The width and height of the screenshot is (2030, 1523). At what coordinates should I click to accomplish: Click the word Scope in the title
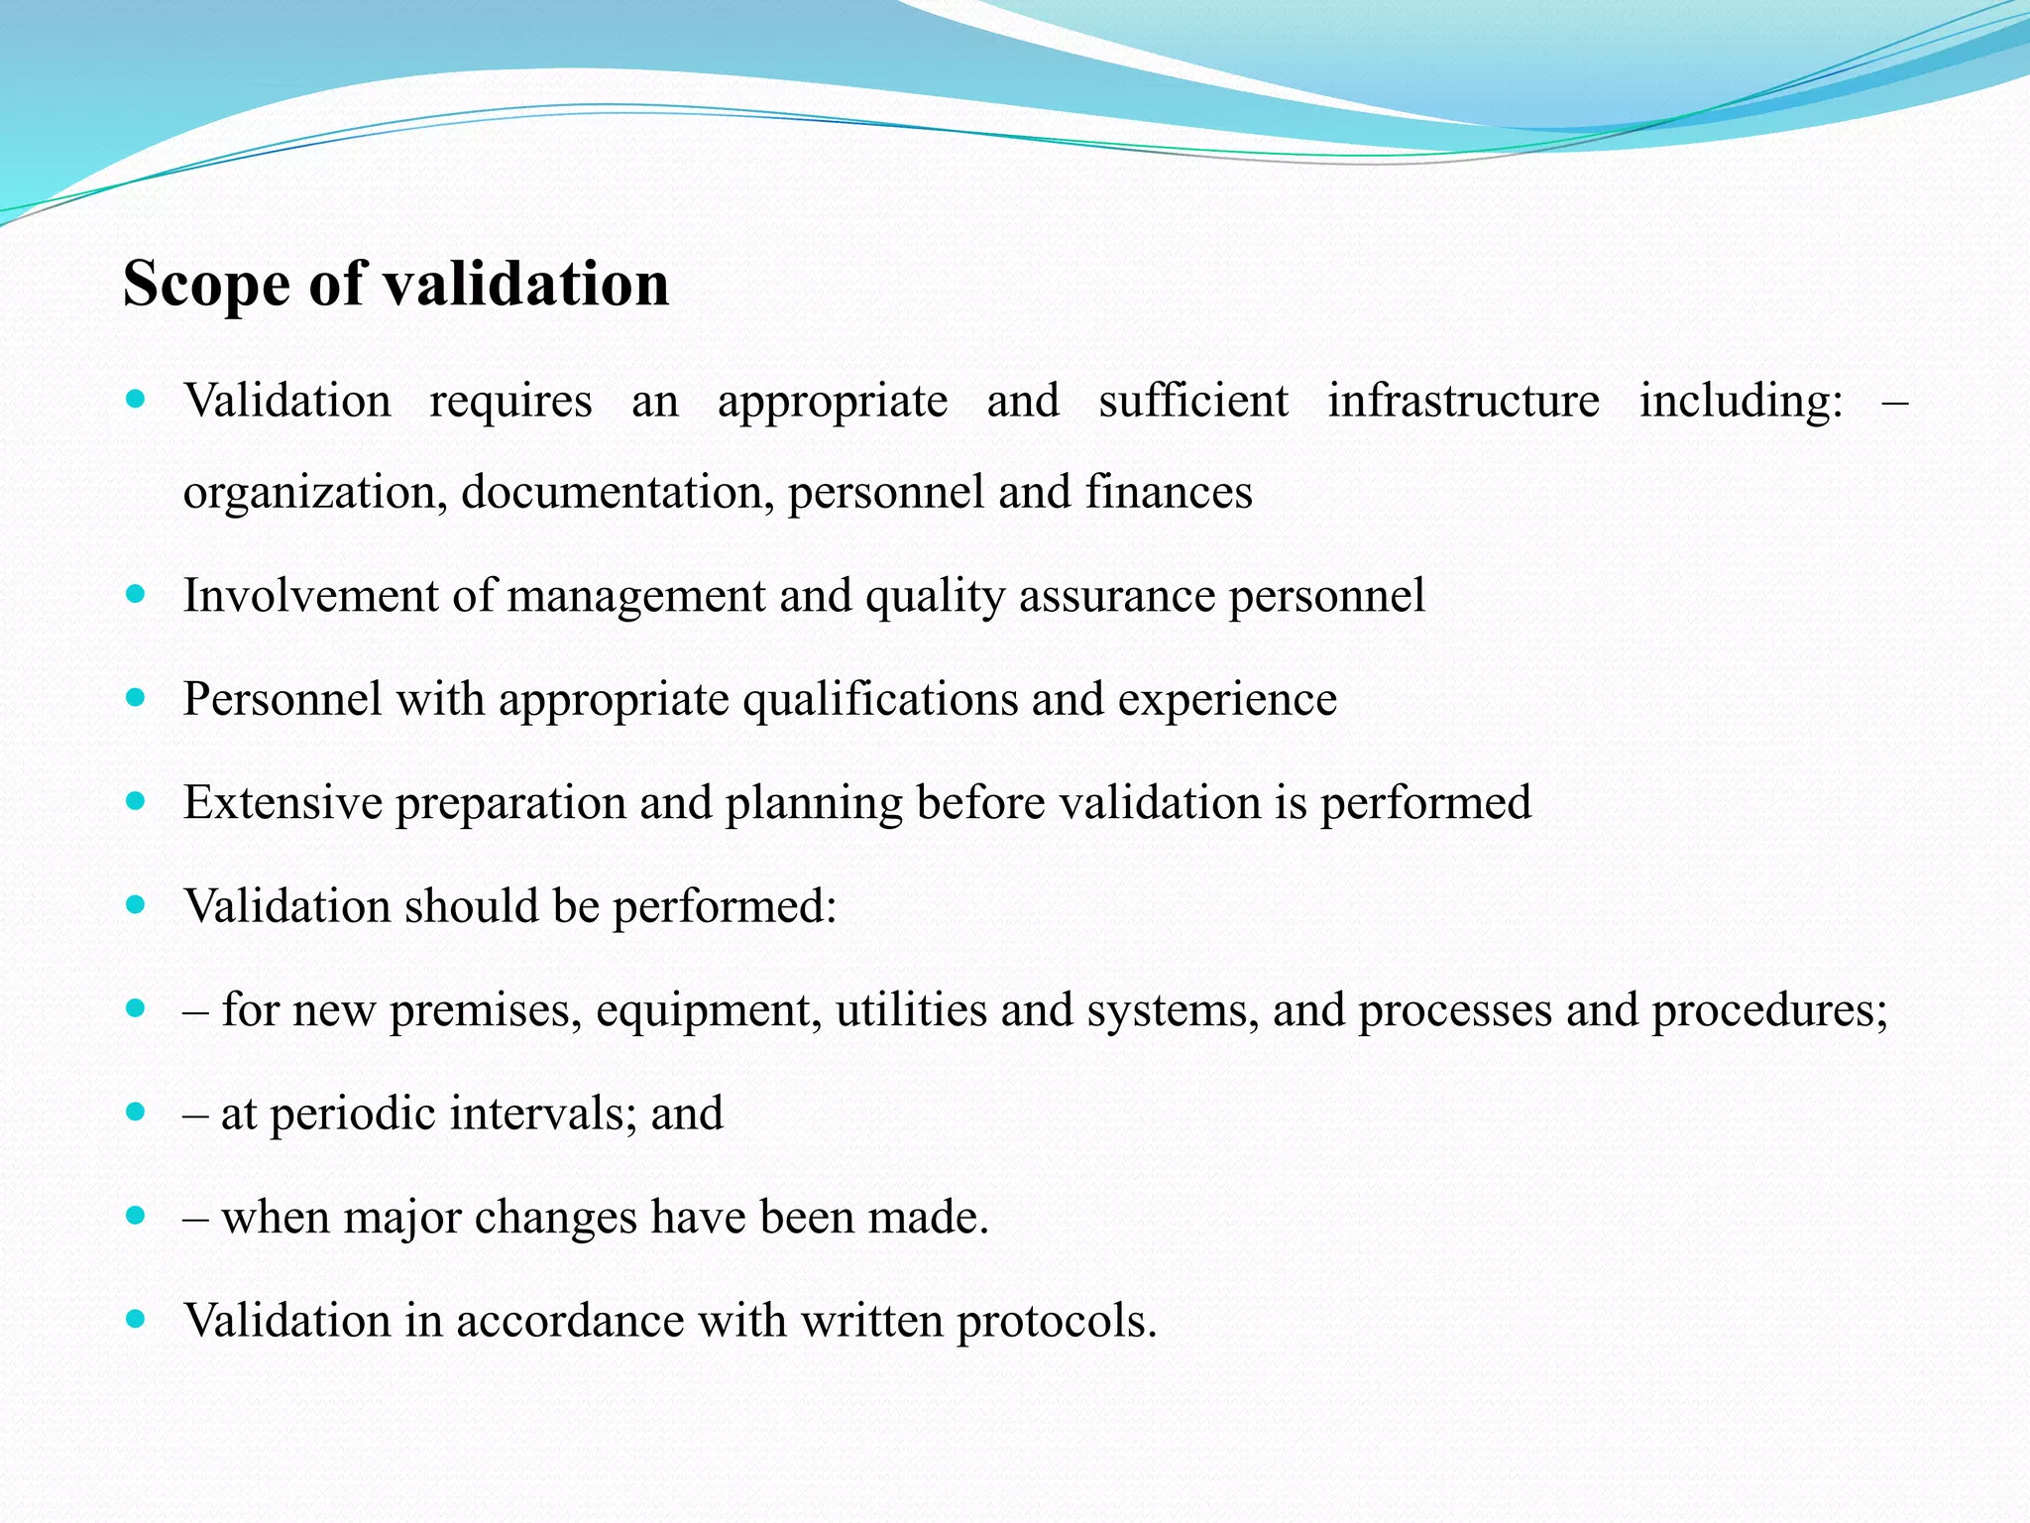pos(206,285)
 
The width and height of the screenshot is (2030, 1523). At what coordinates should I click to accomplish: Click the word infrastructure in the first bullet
pos(1463,402)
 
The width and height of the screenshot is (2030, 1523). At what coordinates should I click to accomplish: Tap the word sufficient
pos(1193,402)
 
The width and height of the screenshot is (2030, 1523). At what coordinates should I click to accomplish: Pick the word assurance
pos(1117,596)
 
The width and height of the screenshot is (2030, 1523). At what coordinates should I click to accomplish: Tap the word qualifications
pos(880,700)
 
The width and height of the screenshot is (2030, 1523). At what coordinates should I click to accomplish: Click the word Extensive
pos(282,803)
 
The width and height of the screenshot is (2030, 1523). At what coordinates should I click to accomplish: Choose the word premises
pos(485,1010)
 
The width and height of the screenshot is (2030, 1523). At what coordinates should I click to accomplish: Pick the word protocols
pos(1057,1322)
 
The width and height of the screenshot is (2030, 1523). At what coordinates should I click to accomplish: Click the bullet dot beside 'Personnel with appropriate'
pos(137,698)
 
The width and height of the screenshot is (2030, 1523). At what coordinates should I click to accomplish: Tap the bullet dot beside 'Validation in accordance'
pos(137,1320)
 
